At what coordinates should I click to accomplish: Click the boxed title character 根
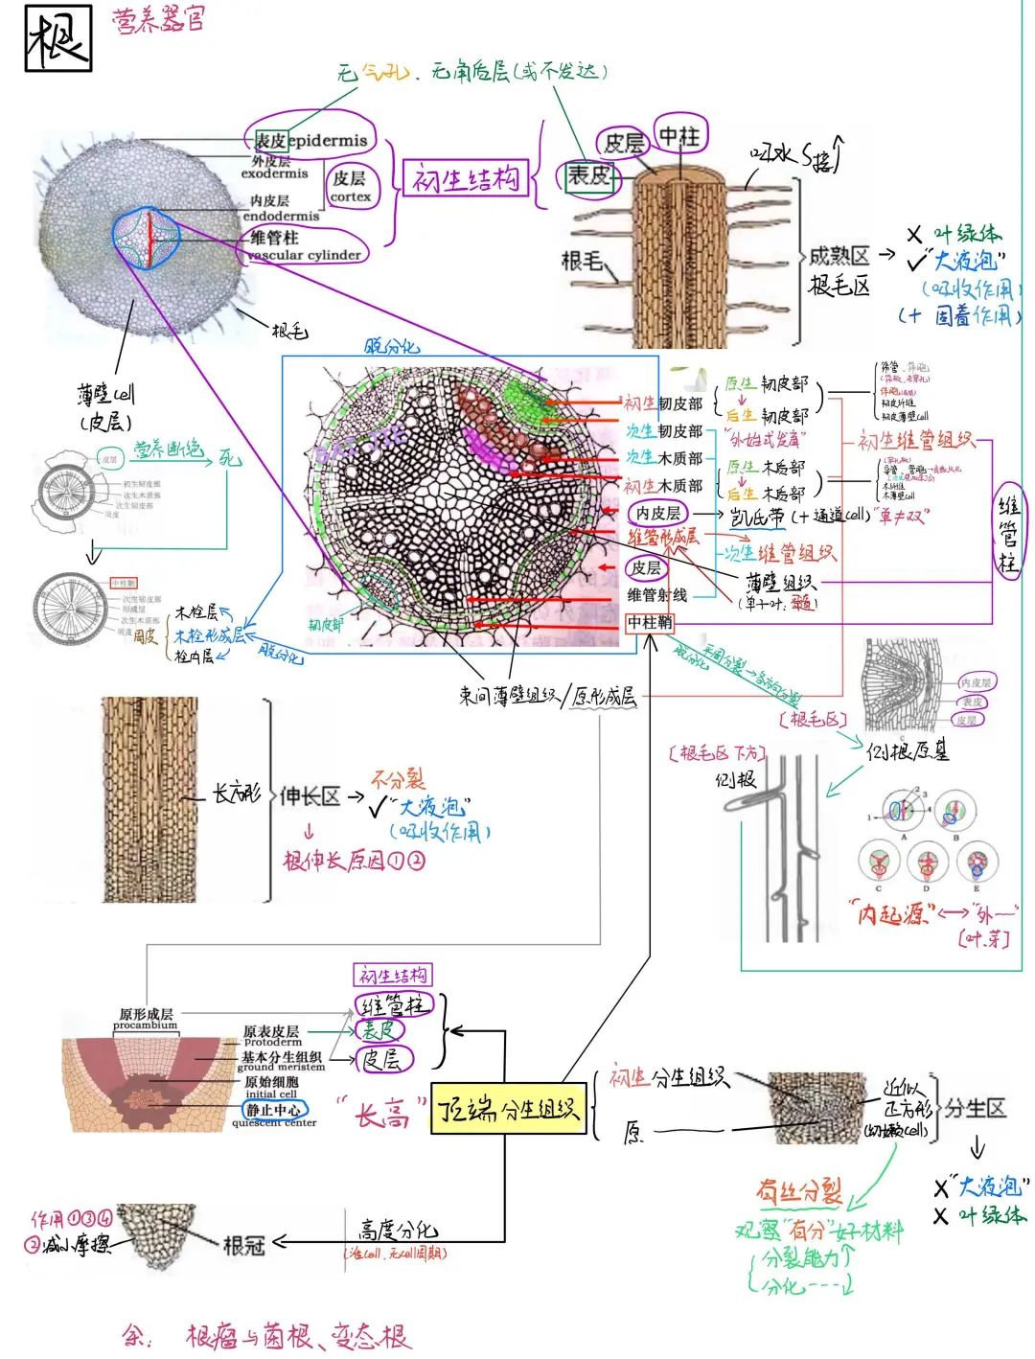click(57, 38)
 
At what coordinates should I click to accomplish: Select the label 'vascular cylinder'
click(305, 255)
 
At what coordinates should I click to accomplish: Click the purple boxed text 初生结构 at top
click(467, 178)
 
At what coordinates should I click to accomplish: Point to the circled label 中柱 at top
click(679, 136)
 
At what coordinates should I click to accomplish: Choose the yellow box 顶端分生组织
click(508, 1109)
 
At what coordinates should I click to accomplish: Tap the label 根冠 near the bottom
click(243, 1245)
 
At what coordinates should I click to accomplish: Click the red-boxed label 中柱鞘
click(650, 623)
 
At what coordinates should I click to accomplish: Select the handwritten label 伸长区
click(310, 795)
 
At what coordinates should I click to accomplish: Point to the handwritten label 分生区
click(975, 1109)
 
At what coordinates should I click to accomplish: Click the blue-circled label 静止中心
click(275, 1110)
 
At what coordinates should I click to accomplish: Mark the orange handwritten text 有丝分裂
click(798, 1191)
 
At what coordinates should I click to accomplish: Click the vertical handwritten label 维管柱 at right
click(1008, 537)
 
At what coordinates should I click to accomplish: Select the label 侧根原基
click(907, 750)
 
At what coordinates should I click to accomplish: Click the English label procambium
click(146, 1025)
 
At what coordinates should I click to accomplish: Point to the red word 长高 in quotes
click(381, 1115)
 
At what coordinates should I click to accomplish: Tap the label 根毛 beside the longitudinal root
click(582, 261)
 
